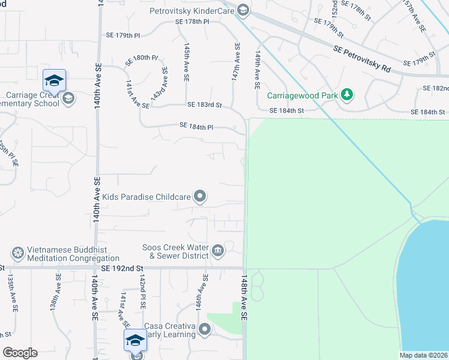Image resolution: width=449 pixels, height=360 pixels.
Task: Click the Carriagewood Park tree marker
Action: coord(346,95)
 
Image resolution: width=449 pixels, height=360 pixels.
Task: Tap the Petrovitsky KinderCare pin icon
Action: coord(243,10)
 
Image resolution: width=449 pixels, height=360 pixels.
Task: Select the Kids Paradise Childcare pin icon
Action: coord(200,197)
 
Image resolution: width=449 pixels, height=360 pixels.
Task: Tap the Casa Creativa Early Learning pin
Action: coord(205,329)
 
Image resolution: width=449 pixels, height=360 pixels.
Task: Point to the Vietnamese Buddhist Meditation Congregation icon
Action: coord(18,254)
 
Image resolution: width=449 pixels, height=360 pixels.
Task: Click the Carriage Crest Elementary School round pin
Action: coord(68,98)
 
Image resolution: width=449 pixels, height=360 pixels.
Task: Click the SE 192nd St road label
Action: coord(124,269)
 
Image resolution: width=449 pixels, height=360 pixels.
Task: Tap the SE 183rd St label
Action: coord(205,105)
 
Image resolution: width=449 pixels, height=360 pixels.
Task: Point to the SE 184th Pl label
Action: coord(197,126)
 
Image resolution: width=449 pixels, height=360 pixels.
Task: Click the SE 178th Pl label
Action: coord(192,22)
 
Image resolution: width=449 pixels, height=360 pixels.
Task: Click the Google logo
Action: coord(20,353)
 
